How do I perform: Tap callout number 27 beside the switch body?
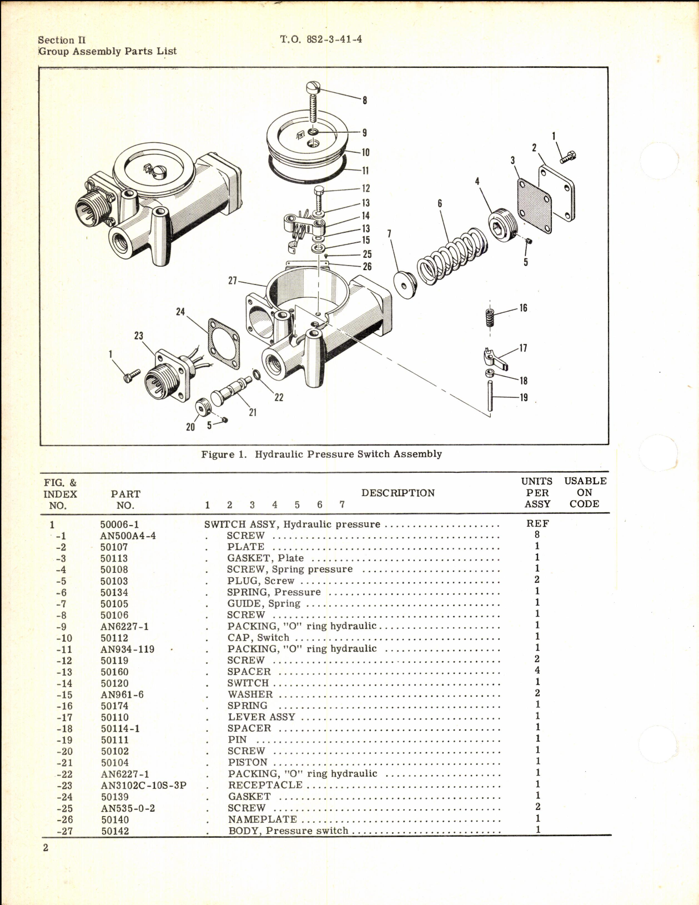click(233, 281)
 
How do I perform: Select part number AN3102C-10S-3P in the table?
click(143, 786)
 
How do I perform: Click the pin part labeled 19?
click(490, 396)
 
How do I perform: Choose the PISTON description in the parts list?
click(248, 762)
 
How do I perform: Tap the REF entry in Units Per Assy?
click(537, 523)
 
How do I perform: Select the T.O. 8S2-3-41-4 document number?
click(321, 39)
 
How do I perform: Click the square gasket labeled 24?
click(224, 343)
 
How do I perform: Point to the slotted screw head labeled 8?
click(314, 88)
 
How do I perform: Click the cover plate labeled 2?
click(556, 192)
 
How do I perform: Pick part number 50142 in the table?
click(114, 831)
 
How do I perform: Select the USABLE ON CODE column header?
click(585, 492)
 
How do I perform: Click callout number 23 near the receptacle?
click(138, 336)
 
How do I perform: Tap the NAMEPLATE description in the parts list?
click(262, 819)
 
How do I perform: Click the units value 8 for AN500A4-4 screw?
click(537, 534)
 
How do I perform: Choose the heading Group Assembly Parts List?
click(108, 51)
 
